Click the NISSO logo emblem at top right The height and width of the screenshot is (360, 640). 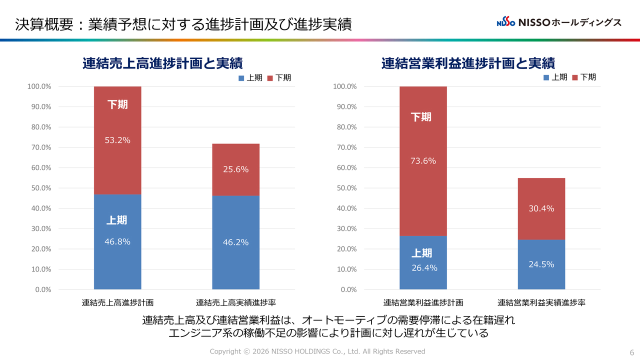click(506, 22)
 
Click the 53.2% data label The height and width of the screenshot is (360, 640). click(117, 140)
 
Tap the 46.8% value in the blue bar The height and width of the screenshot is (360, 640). click(117, 242)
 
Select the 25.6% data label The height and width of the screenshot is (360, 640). click(235, 169)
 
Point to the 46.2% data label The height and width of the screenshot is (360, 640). click(235, 242)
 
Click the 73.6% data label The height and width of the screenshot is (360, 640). click(423, 161)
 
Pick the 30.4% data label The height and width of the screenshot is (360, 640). click(541, 208)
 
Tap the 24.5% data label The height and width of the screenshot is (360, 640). click(541, 264)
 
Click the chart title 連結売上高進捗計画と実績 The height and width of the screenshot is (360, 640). click(162, 63)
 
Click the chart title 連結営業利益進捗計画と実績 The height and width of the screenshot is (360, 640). click(468, 63)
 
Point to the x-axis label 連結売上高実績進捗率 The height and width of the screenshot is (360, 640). click(235, 302)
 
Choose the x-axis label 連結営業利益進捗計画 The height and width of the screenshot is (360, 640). click(423, 302)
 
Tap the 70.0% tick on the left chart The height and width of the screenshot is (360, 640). click(39, 147)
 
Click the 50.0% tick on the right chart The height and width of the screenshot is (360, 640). click(344, 188)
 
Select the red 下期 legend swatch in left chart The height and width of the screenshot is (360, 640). click(270, 78)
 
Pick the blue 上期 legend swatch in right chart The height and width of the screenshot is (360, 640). click(546, 77)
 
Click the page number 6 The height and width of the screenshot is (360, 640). click(631, 351)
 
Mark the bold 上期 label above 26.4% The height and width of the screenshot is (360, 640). click(421, 253)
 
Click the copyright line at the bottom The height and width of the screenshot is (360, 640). click(317, 351)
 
